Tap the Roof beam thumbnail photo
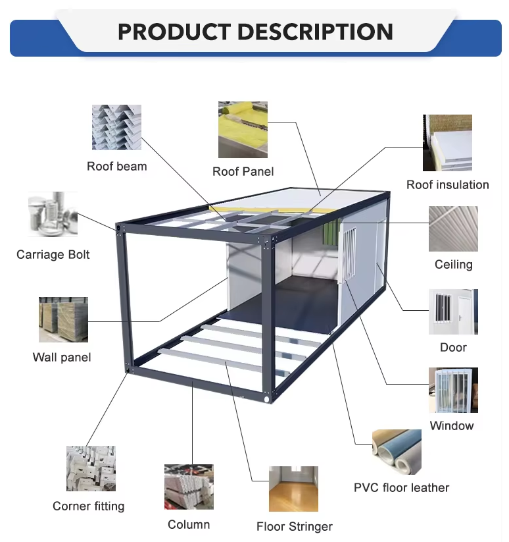point(116,127)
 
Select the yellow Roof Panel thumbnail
point(243,130)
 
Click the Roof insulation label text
point(447,185)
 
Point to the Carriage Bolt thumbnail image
point(53,215)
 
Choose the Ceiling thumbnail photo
point(453,229)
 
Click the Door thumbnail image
point(453,312)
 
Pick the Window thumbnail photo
point(453,391)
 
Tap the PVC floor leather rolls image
point(396,452)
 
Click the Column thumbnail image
point(189,487)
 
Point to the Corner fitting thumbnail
point(91,468)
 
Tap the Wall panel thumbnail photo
point(63,319)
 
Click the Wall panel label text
point(62,358)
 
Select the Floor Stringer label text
point(294,527)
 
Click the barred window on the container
point(350,252)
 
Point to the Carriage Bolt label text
point(53,254)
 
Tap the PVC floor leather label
point(401,488)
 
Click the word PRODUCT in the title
point(172,32)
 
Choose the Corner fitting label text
point(88,506)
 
